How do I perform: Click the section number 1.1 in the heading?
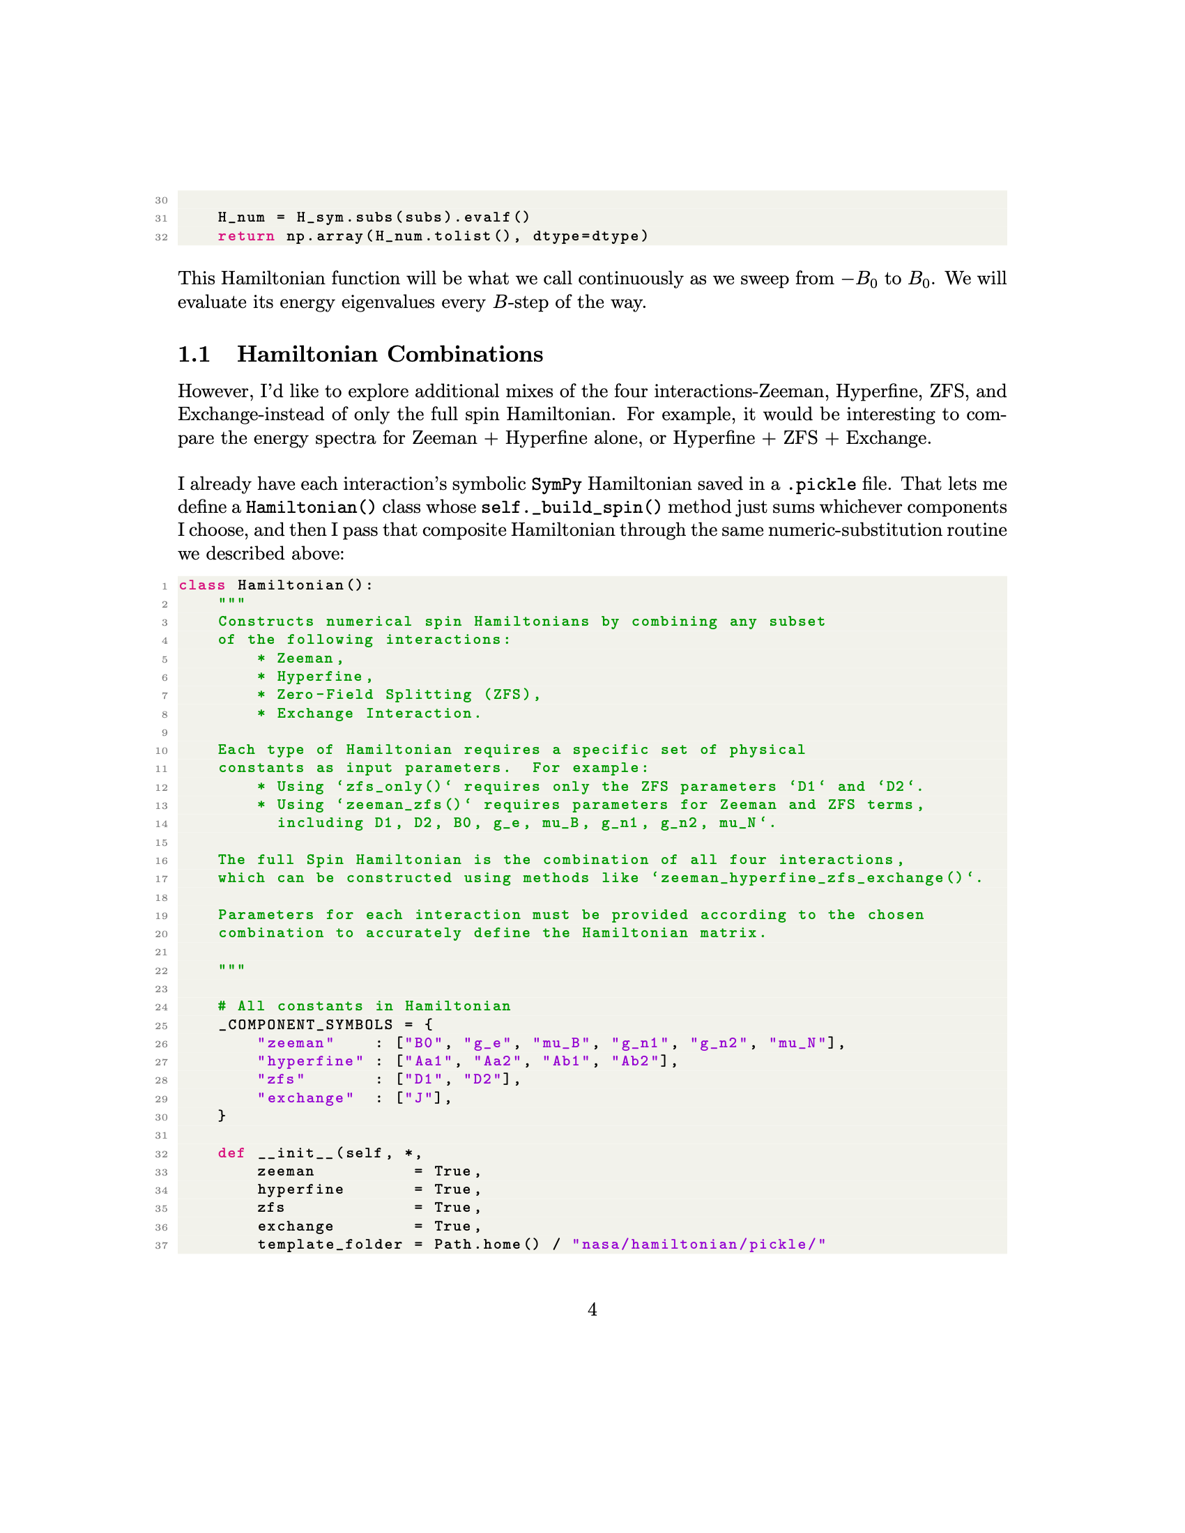click(x=194, y=355)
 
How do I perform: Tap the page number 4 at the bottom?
click(x=592, y=1309)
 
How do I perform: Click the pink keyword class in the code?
click(x=202, y=585)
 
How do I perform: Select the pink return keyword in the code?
click(x=245, y=236)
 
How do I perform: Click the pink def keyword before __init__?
click(x=231, y=1153)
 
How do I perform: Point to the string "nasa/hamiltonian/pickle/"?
click(x=698, y=1245)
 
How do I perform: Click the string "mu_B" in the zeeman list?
click(x=561, y=1043)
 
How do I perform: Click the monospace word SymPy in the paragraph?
click(x=556, y=484)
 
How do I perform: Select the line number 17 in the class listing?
click(x=162, y=879)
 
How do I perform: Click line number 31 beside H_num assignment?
click(x=162, y=218)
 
